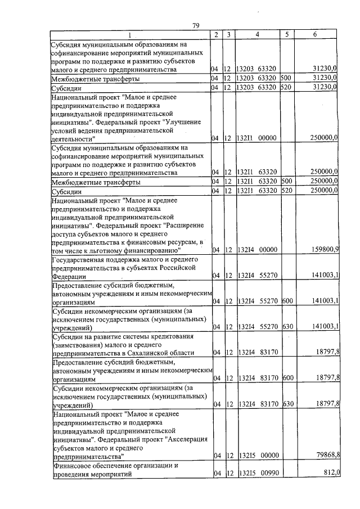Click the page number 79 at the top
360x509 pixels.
click(196, 25)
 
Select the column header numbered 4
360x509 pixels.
click(256, 35)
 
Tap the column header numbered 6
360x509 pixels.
click(315, 35)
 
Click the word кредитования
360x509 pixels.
click(172, 336)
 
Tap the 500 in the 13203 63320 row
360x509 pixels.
click(286, 79)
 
